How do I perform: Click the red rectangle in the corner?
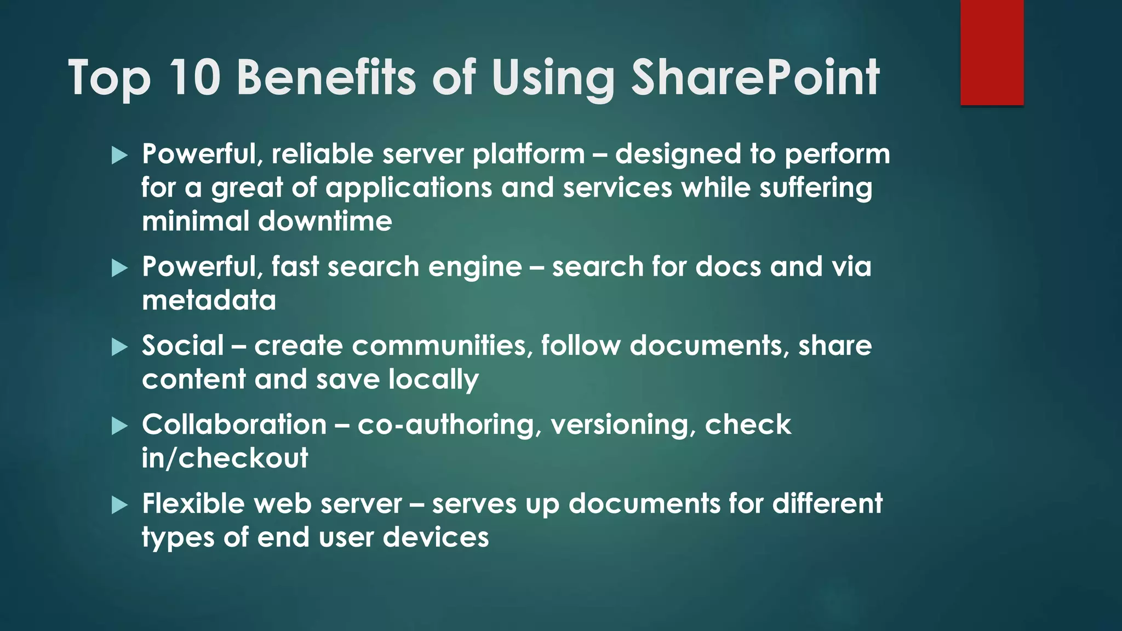[x=992, y=52]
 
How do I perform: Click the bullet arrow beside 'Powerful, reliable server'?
[x=119, y=156]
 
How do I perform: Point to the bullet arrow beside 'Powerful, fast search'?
[x=119, y=268]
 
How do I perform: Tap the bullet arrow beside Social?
[x=119, y=347]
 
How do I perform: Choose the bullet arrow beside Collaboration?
[x=119, y=426]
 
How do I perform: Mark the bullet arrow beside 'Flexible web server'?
[x=119, y=505]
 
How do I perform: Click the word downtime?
[x=325, y=221]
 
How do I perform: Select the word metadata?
[x=209, y=300]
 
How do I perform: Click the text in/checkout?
[x=225, y=458]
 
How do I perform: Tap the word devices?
[x=436, y=537]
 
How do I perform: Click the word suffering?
[x=816, y=188]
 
